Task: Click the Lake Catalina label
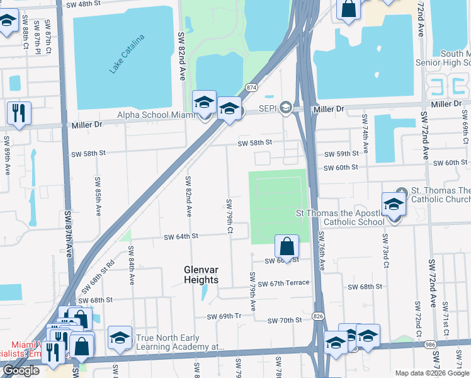(x=127, y=54)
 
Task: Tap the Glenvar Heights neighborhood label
(x=201, y=274)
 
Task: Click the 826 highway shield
(x=319, y=316)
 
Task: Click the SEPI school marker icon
(x=286, y=108)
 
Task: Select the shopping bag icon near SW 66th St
(x=287, y=246)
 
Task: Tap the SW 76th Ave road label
(x=321, y=251)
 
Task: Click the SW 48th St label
(x=85, y=4)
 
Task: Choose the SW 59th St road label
(x=341, y=154)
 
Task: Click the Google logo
(x=21, y=371)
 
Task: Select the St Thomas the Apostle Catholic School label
(x=340, y=217)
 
